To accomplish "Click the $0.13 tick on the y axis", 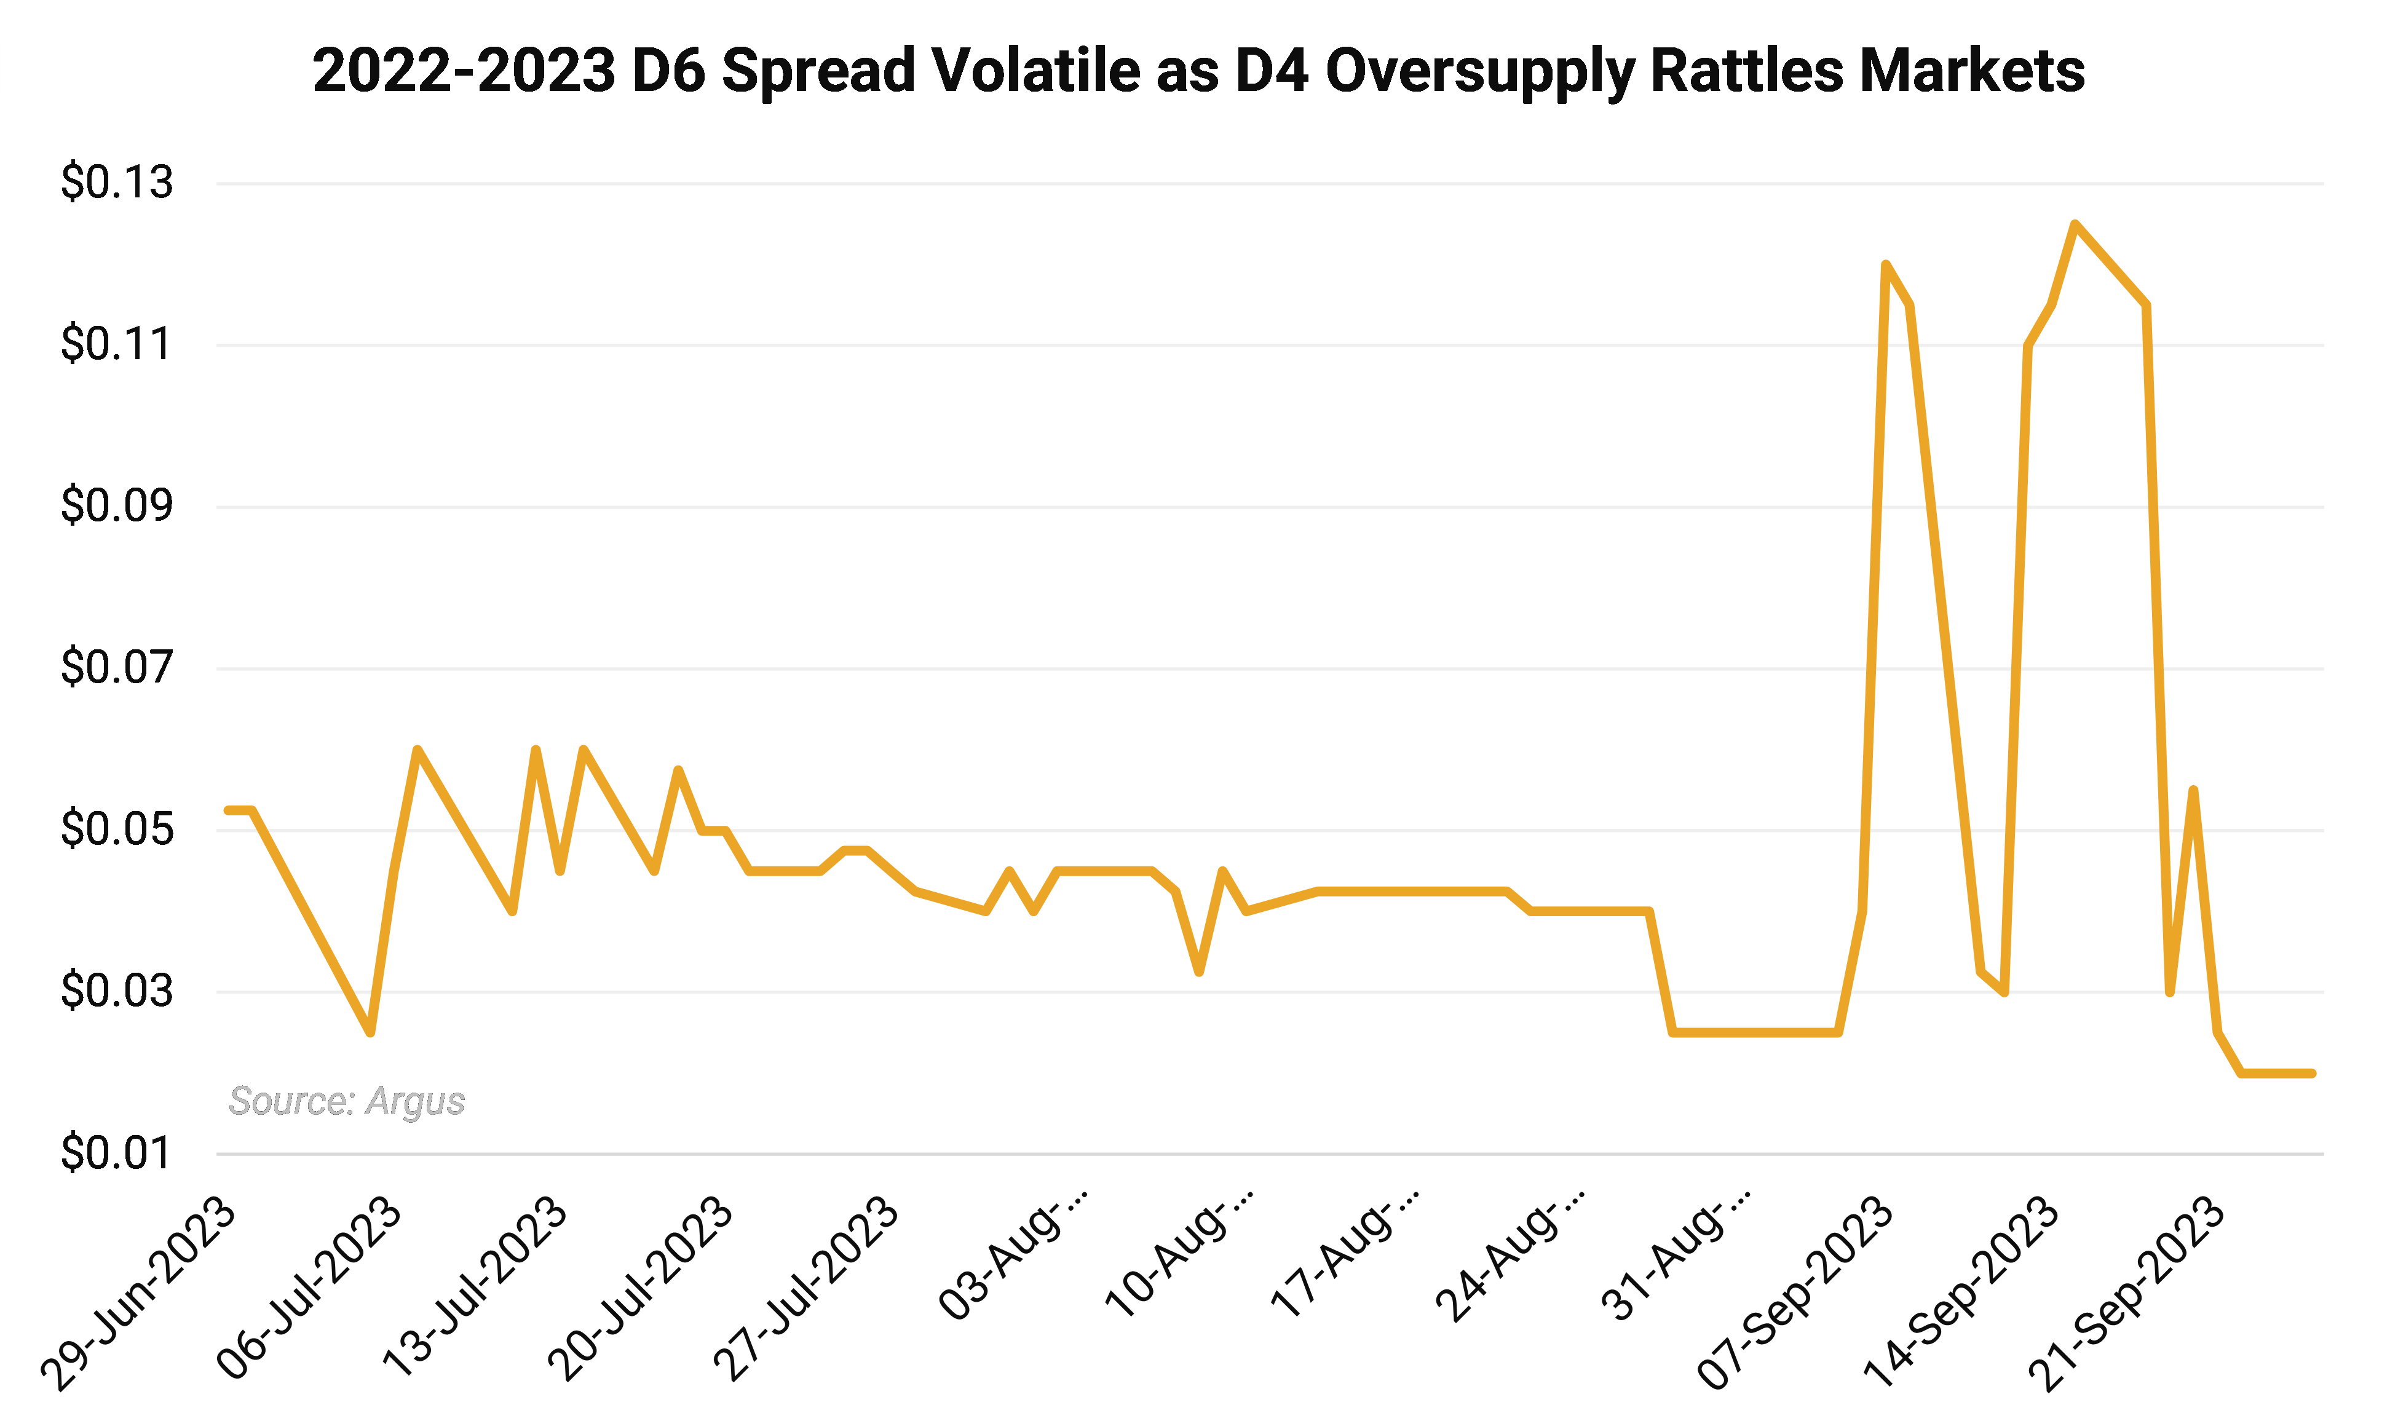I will coord(116,182).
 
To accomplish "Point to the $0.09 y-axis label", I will coord(116,505).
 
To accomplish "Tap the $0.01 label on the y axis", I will coord(116,1153).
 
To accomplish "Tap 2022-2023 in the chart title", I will coord(464,71).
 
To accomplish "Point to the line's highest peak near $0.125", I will coord(2075,224).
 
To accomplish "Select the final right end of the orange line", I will coord(2311,1073).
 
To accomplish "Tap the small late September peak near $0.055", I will coord(2193,790).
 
